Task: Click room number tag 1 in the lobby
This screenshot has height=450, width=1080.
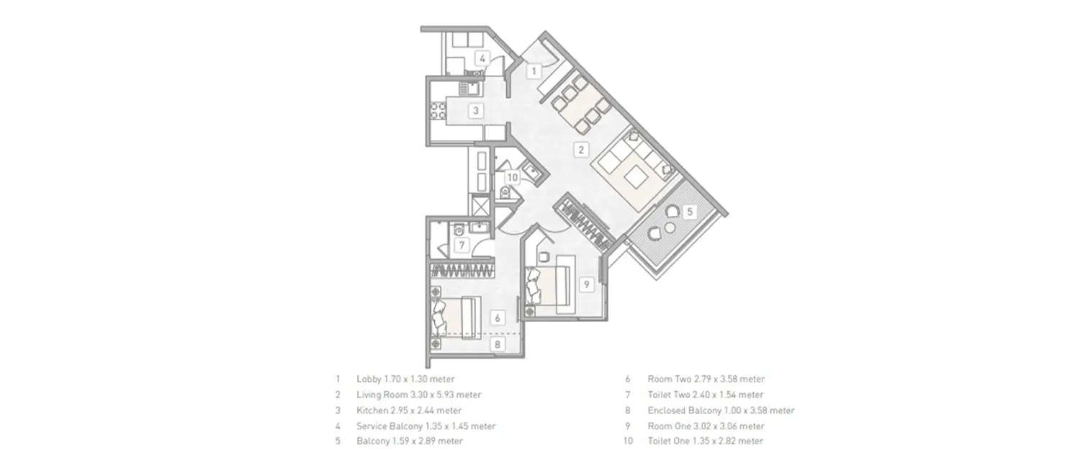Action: (533, 71)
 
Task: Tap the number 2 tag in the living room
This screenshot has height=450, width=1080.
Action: (581, 150)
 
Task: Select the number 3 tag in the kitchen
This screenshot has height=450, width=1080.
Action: (475, 110)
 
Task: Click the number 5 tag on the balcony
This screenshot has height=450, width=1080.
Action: (689, 212)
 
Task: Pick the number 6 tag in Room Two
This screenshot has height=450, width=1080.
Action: (497, 317)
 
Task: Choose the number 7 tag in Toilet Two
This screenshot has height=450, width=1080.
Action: (462, 246)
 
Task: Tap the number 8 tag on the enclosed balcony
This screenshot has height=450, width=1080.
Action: (497, 344)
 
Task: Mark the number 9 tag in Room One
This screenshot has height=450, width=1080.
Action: (586, 284)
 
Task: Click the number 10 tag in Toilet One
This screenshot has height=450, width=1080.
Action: (511, 176)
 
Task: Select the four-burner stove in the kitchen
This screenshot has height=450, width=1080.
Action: (438, 112)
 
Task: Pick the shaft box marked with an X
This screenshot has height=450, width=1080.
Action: (479, 205)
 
